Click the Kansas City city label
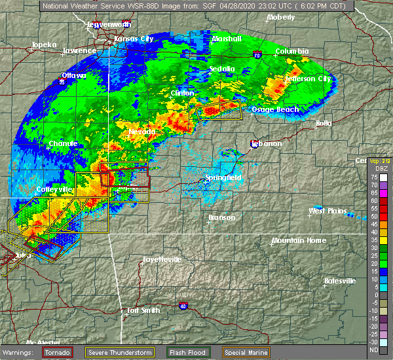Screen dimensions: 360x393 [x=134, y=39]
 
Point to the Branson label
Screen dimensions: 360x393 [x=221, y=217]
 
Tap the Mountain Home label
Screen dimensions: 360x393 [x=299, y=240]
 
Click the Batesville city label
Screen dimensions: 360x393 [x=340, y=281]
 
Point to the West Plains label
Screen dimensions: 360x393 [x=327, y=211]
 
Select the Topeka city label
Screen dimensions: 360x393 [x=43, y=46]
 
